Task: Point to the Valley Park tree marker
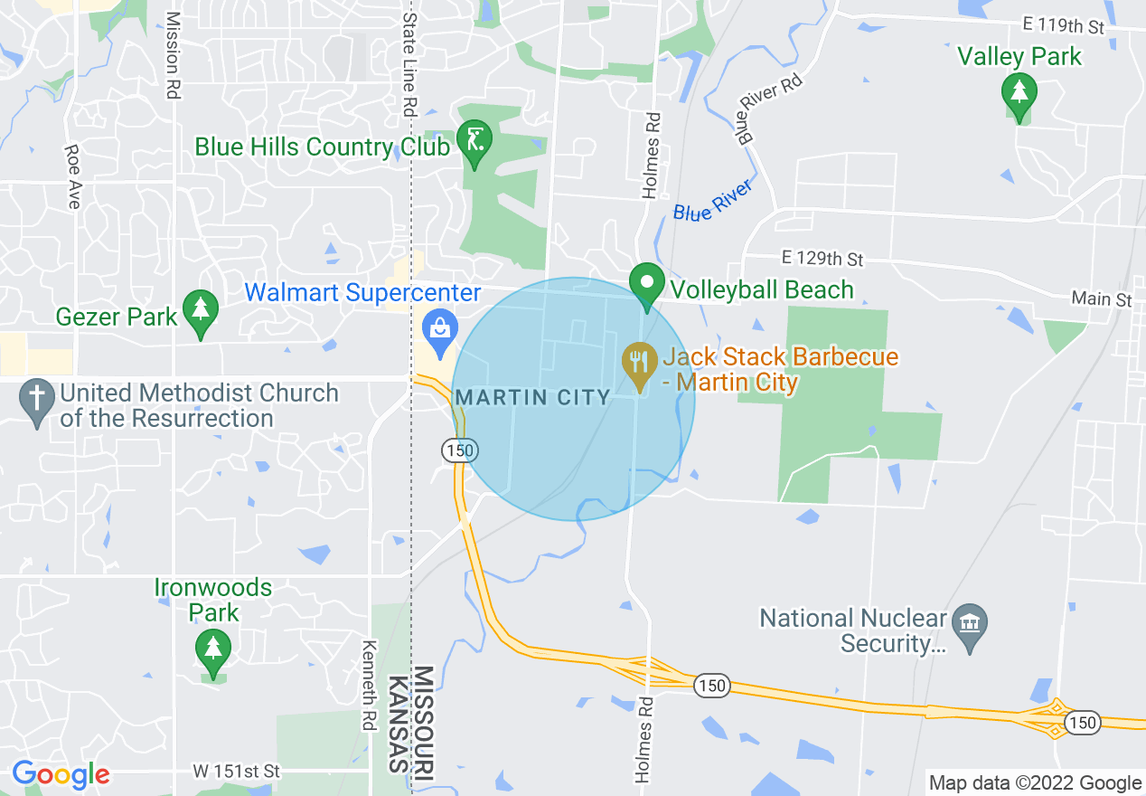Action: [x=1019, y=93]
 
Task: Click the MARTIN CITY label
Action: [x=533, y=398]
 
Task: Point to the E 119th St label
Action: [x=1064, y=24]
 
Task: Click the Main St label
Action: [x=1101, y=298]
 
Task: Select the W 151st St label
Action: [x=237, y=772]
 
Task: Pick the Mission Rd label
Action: [x=174, y=56]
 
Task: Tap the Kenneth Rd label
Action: [x=368, y=686]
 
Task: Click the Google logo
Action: [x=61, y=774]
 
